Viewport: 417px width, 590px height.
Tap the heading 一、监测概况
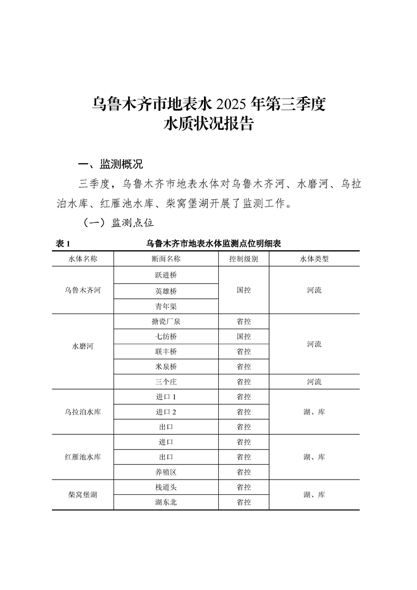[110, 164]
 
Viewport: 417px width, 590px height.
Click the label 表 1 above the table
[63, 244]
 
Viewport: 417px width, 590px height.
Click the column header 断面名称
[166, 259]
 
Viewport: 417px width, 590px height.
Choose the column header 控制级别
[243, 259]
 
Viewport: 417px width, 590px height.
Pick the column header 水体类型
[314, 259]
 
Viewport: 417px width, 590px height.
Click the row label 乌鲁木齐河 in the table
[83, 290]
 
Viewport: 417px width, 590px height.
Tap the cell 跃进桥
[166, 275]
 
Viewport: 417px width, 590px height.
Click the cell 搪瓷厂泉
[166, 321]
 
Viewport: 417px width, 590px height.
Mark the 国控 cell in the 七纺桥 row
[243, 337]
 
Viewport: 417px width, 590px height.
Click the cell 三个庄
[166, 382]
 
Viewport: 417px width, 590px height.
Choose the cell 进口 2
[166, 412]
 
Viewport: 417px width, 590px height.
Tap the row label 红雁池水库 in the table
[83, 457]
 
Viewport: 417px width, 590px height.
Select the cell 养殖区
[166, 472]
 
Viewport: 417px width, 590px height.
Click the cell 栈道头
[166, 487]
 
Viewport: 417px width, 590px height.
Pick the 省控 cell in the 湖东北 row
[243, 503]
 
